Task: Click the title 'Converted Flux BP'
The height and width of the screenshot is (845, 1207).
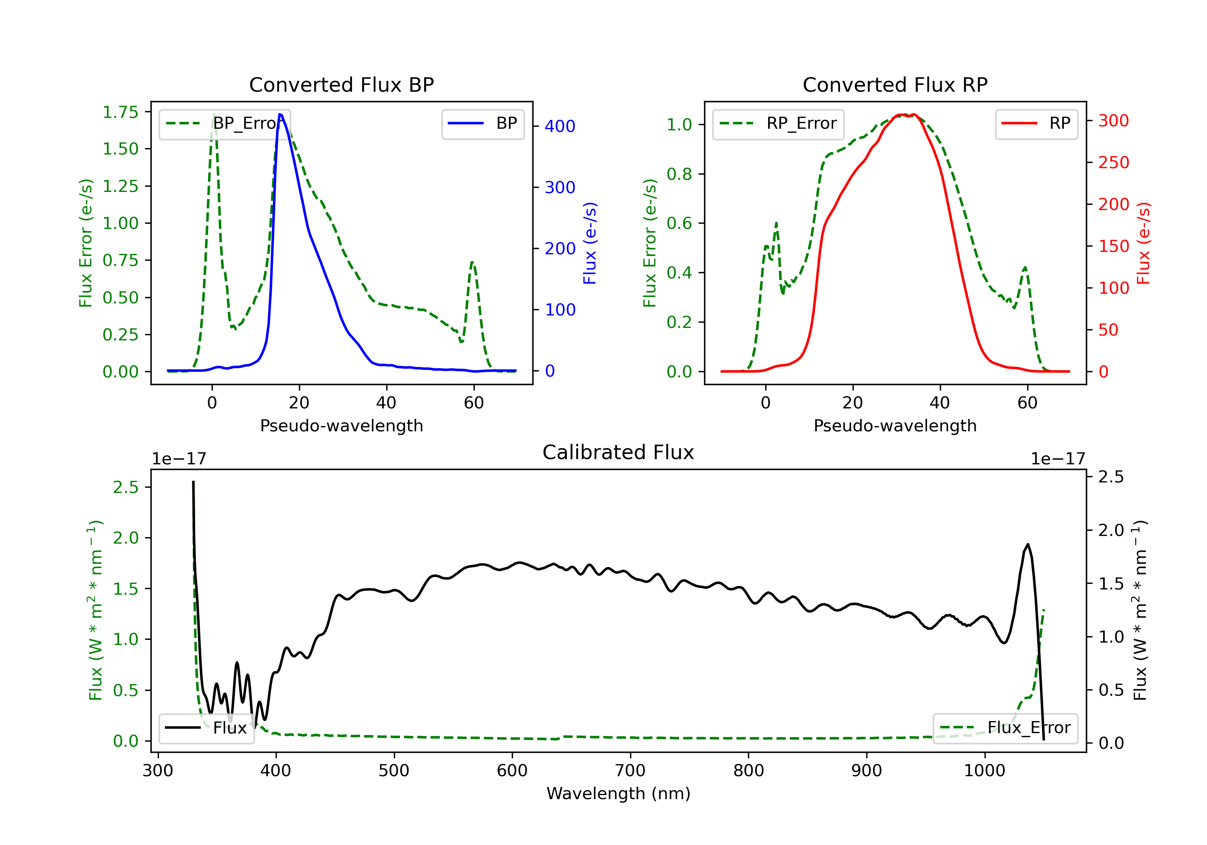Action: [x=341, y=84]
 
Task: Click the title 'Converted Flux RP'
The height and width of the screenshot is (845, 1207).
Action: [x=895, y=84]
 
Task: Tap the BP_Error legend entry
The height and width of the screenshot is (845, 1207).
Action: [x=225, y=124]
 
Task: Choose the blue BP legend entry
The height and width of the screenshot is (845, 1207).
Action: [x=482, y=124]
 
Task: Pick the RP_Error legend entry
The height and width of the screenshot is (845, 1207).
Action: [x=778, y=124]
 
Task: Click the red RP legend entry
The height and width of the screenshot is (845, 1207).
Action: [x=1036, y=124]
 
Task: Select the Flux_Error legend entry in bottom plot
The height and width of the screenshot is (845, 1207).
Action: [x=1005, y=728]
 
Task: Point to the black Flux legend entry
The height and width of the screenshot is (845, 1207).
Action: [x=207, y=728]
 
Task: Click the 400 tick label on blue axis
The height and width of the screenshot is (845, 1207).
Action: [x=560, y=126]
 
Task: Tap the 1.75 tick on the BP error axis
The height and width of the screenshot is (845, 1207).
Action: [x=120, y=112]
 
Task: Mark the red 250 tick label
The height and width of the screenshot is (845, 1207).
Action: [x=1113, y=163]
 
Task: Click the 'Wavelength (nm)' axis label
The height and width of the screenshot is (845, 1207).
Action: [x=618, y=793]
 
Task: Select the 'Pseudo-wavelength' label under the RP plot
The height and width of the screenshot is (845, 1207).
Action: [x=895, y=426]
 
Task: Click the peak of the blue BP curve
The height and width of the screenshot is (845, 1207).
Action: [x=280, y=114]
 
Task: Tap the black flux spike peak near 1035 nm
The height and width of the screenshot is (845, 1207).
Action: [x=1028, y=544]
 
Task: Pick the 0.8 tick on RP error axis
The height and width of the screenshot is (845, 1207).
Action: [x=679, y=174]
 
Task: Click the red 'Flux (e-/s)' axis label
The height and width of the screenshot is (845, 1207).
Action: [x=1143, y=243]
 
